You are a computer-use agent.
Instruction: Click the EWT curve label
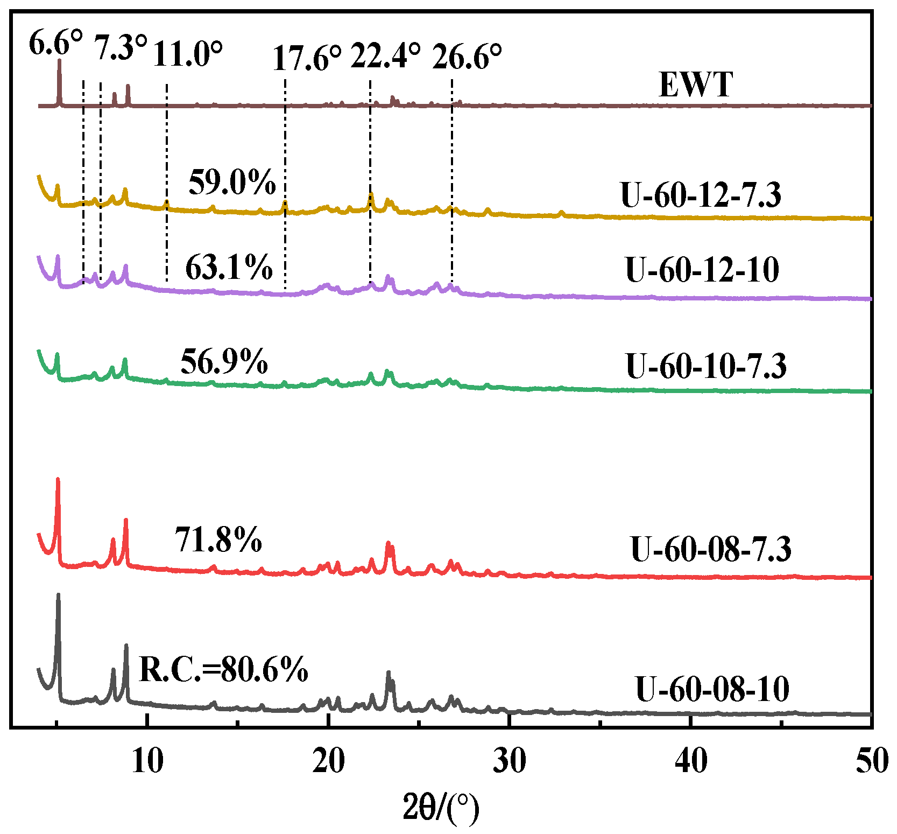pos(696,85)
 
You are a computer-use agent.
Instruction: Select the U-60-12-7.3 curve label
pos(701,194)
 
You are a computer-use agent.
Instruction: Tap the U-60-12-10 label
pos(702,269)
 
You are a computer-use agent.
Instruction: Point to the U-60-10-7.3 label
pos(706,366)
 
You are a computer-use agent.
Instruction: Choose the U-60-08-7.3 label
pos(710,549)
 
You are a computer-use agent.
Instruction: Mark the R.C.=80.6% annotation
pos(223,669)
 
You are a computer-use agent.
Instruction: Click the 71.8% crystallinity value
pos(218,539)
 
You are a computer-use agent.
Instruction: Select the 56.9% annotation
pos(224,361)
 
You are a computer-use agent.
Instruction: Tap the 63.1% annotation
pos(229,267)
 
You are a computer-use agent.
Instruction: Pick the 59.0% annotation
pos(232,182)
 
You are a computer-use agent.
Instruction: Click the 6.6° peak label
pos(55,43)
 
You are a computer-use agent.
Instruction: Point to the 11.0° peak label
pos(187,54)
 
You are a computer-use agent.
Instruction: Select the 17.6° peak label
pos(307,58)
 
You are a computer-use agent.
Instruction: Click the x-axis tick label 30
pos(510,761)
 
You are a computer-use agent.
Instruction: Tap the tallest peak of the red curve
pos(58,479)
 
